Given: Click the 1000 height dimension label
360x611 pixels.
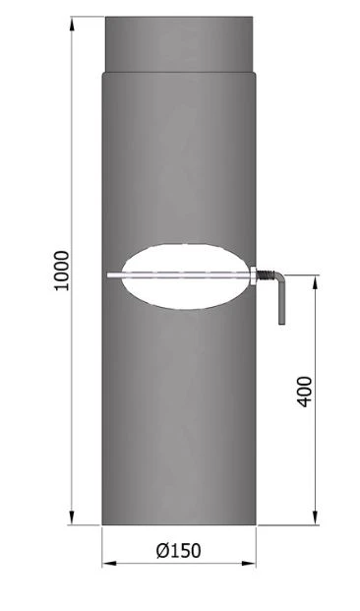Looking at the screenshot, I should click(x=61, y=270).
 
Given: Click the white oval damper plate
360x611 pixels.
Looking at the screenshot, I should click(x=180, y=275).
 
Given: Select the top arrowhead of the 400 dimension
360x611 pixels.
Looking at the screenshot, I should click(x=315, y=281).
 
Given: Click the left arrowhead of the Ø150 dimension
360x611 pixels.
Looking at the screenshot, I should click(x=107, y=564).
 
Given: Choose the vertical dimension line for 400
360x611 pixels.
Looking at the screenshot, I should click(x=315, y=453).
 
